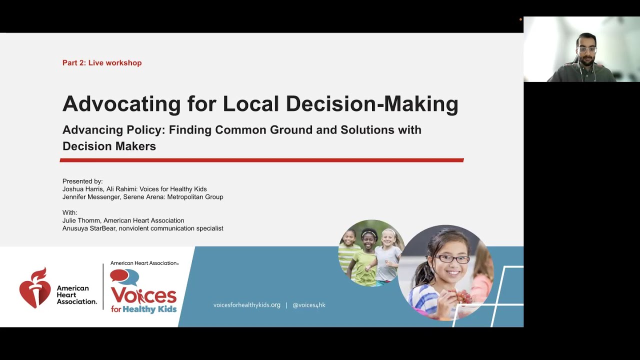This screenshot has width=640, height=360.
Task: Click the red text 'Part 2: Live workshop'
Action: (x=102, y=63)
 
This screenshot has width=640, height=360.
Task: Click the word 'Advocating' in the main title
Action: (x=121, y=104)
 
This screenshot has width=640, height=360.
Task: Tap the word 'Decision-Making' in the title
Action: (x=372, y=104)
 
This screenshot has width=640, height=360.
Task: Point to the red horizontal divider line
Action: (x=261, y=160)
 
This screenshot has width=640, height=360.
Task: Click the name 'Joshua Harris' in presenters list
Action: (x=81, y=189)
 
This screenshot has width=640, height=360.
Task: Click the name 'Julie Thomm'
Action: (x=80, y=220)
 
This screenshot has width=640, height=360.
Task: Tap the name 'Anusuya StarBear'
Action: (x=89, y=228)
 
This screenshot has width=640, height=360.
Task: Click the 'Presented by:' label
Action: (x=82, y=181)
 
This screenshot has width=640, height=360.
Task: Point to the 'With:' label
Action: (x=70, y=212)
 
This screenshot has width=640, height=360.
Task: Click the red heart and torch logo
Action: (x=34, y=288)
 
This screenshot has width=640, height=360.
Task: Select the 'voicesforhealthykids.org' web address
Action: (x=247, y=305)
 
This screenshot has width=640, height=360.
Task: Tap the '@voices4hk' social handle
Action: (x=308, y=305)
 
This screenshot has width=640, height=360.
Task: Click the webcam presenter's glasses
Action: (x=586, y=49)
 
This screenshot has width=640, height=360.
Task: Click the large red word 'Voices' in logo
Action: (x=143, y=295)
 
